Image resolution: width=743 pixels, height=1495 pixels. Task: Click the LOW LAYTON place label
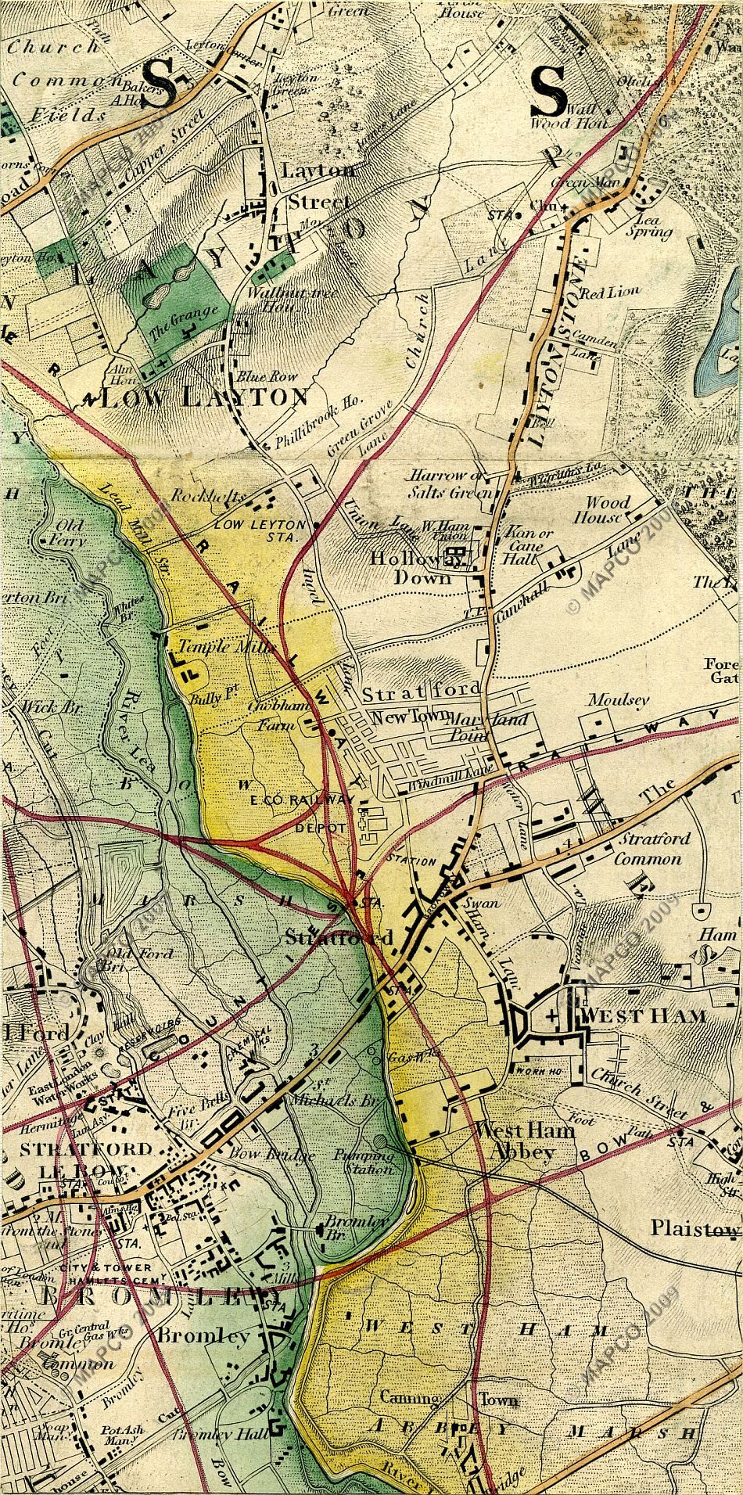pyautogui.click(x=205, y=397)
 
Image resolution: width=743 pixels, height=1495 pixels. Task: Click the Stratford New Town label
pyautogui.click(x=404, y=704)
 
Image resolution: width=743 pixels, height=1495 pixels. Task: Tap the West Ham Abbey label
pyautogui.click(x=524, y=1141)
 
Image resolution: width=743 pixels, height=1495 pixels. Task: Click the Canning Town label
pyautogui.click(x=448, y=1396)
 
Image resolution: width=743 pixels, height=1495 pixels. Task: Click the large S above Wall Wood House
pyautogui.click(x=550, y=88)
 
